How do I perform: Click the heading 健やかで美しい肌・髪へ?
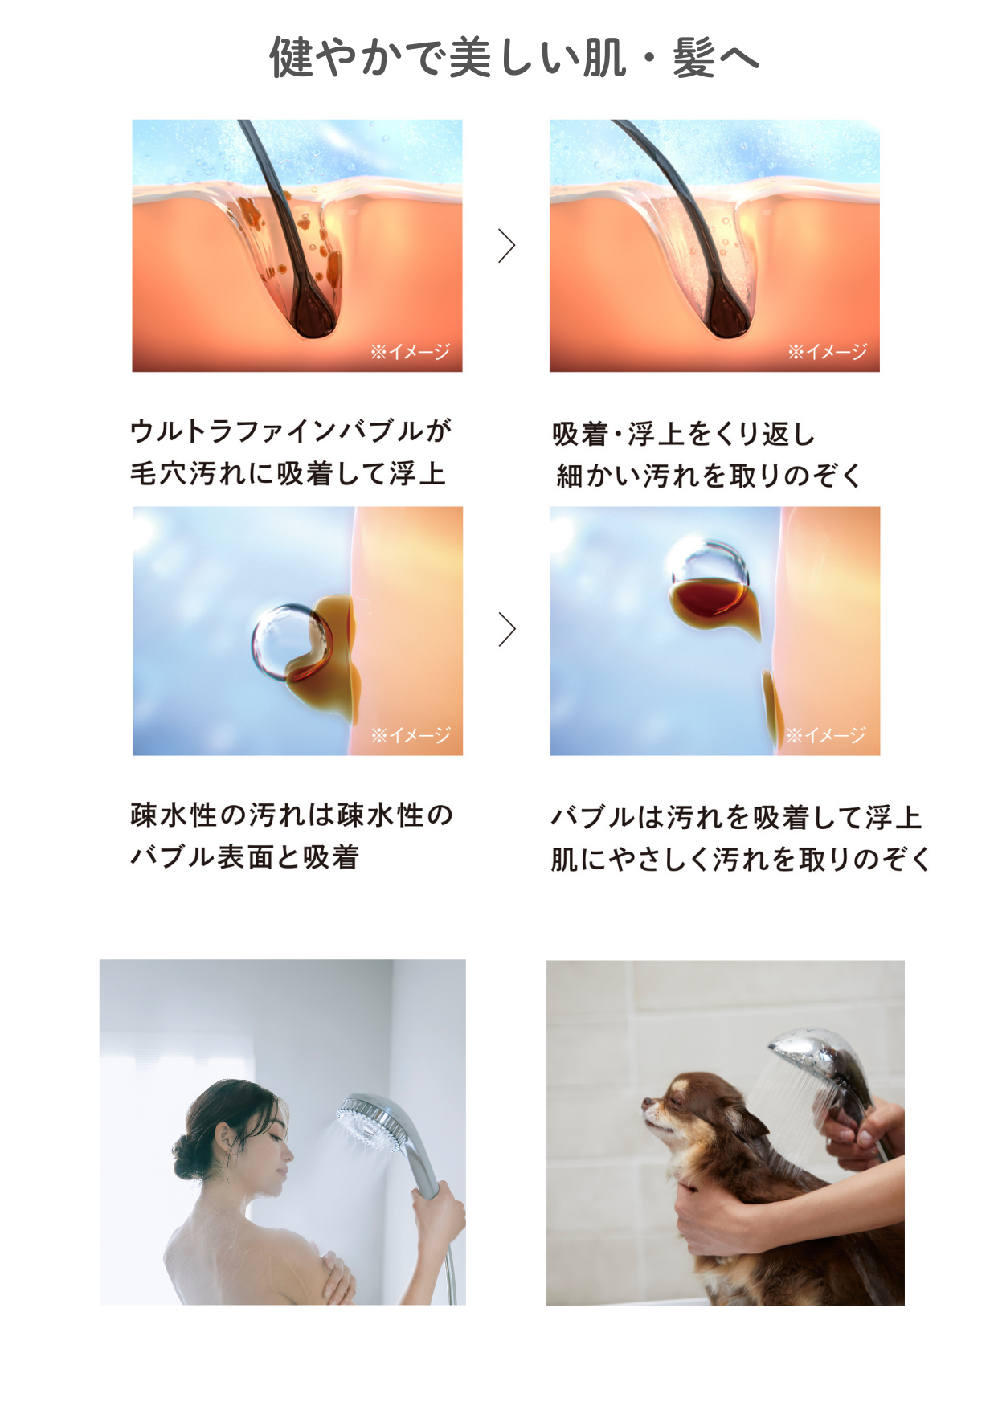[513, 58]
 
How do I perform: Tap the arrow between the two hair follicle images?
[506, 246]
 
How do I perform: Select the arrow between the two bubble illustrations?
[506, 629]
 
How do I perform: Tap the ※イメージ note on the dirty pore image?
[410, 352]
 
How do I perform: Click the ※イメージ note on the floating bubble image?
[825, 735]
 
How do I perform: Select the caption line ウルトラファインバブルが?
[291, 431]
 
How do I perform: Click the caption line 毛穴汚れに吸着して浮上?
[288, 473]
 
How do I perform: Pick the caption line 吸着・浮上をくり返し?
[684, 435]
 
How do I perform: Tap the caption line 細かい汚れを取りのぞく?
[709, 476]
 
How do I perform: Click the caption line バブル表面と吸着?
[244, 857]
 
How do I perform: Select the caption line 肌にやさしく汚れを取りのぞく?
[740, 860]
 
